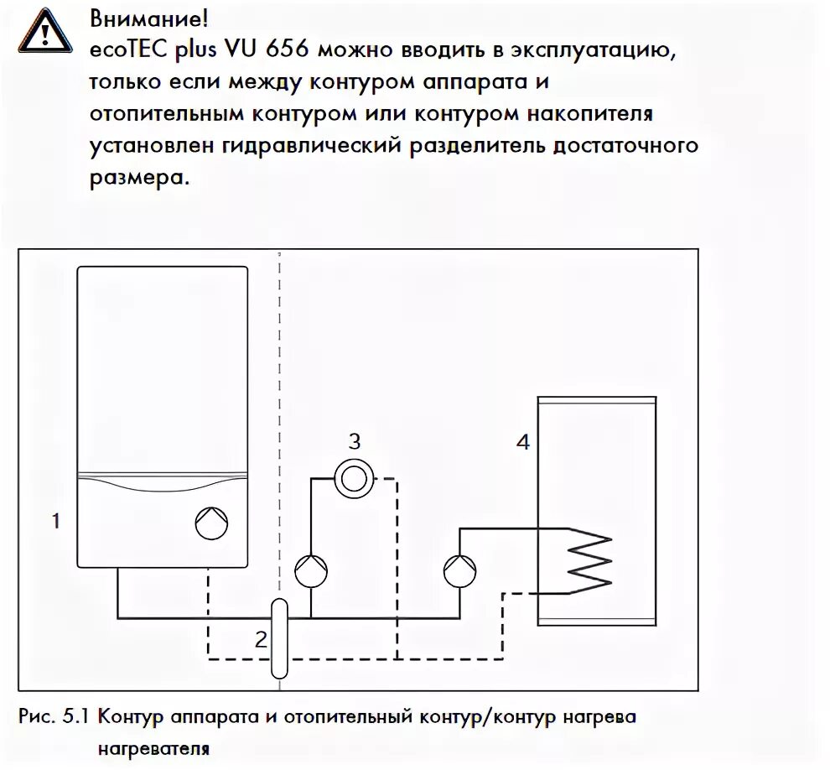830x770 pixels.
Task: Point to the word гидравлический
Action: pyautogui.click(x=317, y=146)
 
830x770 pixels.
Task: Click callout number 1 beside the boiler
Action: pyautogui.click(x=55, y=522)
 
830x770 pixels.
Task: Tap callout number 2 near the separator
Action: pyautogui.click(x=261, y=640)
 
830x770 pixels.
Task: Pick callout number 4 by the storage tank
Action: pyautogui.click(x=522, y=442)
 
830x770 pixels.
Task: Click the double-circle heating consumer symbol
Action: pyautogui.click(x=355, y=479)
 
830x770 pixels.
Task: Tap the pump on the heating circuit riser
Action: pyautogui.click(x=311, y=572)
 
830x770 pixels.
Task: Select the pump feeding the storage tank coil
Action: pyautogui.click(x=459, y=572)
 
